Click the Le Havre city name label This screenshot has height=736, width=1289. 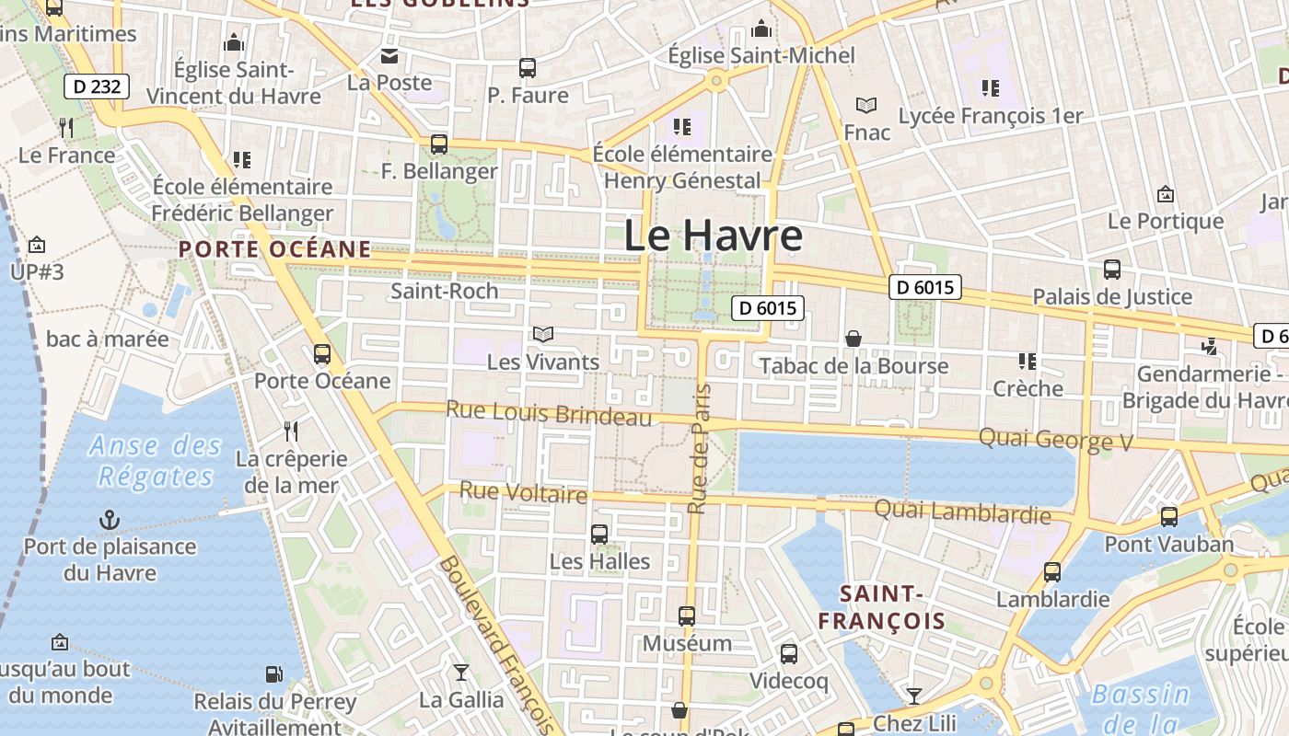pos(714,236)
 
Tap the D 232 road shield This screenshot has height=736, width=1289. pos(96,87)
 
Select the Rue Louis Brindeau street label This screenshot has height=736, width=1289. pos(549,413)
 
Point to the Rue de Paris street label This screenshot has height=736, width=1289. pos(701,449)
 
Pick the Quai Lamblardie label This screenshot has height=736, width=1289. pos(962,512)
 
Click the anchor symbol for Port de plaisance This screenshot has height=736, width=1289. pos(110,521)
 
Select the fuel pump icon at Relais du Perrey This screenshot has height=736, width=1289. pos(273,675)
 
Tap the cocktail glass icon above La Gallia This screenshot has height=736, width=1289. pos(461,673)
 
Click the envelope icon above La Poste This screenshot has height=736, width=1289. pos(389,56)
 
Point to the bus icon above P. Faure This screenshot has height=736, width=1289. pos(528,67)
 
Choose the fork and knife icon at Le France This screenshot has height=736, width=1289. pos(66,127)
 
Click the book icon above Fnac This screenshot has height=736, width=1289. pos(866,105)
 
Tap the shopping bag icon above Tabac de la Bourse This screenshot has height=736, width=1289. pos(854,339)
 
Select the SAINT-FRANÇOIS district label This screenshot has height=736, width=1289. pos(882,607)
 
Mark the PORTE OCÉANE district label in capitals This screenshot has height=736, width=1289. pos(275,248)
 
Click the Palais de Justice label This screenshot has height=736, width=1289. pos(1112,296)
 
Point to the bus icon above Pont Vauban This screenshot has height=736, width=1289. pos(1169,517)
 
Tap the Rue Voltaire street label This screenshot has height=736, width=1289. pos(523,492)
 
